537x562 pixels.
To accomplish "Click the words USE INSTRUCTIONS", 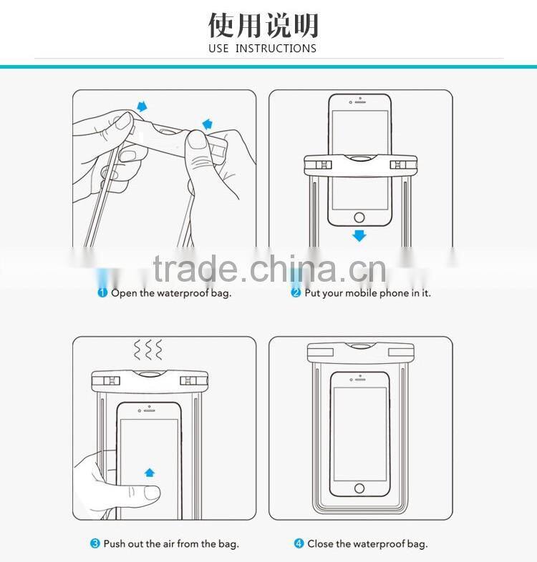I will [263, 49].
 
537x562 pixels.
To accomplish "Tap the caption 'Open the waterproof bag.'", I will [171, 293].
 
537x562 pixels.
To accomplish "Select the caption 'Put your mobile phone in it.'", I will [367, 293].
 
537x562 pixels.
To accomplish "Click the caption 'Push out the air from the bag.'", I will [171, 543].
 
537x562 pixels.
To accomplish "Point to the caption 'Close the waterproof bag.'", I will [367, 543].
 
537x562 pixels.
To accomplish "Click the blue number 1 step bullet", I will [103, 293].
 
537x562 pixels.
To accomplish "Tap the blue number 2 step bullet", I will [296, 293].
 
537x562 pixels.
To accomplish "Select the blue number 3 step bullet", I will [95, 543].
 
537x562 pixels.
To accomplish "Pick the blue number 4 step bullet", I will [299, 543].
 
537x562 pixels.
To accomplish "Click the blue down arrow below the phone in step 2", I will [359, 235].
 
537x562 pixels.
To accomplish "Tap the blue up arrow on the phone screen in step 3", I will [149, 472].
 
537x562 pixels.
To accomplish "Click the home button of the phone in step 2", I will [359, 217].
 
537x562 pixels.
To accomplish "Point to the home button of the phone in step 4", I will [359, 488].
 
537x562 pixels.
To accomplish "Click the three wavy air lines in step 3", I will [148, 350].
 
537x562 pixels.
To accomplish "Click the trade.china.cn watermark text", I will [269, 270].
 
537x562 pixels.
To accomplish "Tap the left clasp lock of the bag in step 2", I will [319, 165].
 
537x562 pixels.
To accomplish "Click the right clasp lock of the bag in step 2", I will [399, 165].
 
